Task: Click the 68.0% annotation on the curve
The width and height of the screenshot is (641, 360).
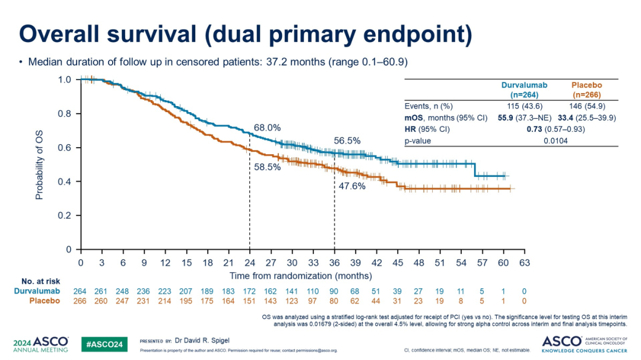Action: pos(267,128)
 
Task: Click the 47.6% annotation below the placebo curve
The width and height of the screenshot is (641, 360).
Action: pos(352,186)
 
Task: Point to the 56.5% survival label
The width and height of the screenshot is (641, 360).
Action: pos(347,141)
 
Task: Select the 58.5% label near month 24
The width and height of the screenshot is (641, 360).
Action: pos(267,167)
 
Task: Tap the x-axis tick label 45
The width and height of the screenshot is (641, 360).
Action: pos(398,262)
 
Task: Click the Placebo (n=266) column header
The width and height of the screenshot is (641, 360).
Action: pos(585,90)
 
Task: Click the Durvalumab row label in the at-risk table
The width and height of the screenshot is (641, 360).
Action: pos(37,291)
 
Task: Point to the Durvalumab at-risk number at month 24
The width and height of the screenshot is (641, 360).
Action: pos(249,291)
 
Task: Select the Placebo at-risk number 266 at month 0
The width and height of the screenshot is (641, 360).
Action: pos(80,301)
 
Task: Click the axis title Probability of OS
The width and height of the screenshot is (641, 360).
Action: pos(39,164)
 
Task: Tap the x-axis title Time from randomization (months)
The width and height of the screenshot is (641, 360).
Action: pos(301,276)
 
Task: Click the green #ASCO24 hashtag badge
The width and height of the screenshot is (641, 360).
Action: pos(104,343)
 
